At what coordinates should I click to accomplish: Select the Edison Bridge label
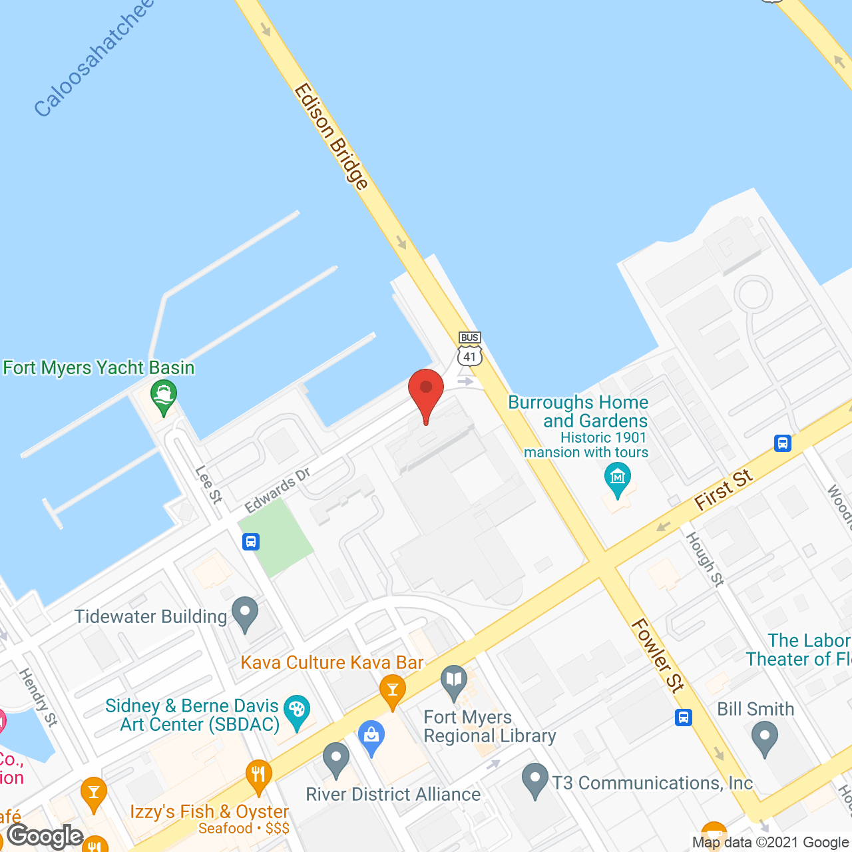pos(331,136)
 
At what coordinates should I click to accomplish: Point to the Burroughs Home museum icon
pos(618,479)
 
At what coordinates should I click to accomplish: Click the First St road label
pos(724,491)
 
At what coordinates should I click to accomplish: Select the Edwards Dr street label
pos(278,491)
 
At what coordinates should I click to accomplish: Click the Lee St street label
pos(208,484)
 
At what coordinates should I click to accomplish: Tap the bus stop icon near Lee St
pos(251,541)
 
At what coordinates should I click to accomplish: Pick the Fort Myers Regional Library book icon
pos(454,682)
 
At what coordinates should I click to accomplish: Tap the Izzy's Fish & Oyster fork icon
pos(258,775)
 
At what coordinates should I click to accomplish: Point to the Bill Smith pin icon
pos(765,738)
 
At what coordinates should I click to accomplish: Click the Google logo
pos(45,836)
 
